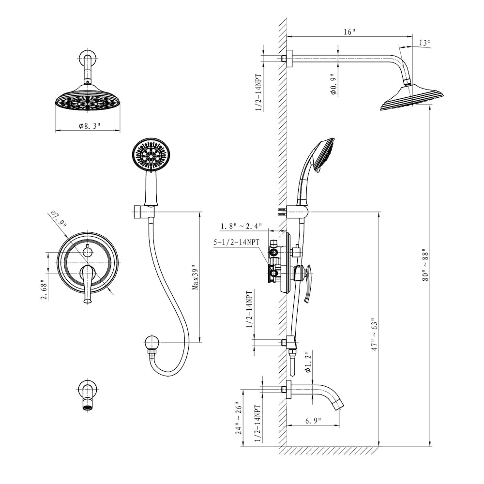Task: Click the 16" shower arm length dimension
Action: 349,32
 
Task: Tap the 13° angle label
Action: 424,43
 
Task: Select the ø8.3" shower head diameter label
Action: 89,126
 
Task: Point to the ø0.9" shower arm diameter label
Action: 333,83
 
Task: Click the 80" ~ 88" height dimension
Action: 425,266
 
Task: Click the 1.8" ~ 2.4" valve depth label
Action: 241,226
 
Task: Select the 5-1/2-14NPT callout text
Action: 237,242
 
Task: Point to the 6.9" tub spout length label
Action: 314,421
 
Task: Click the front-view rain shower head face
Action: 87,101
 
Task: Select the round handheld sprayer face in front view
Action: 151,154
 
